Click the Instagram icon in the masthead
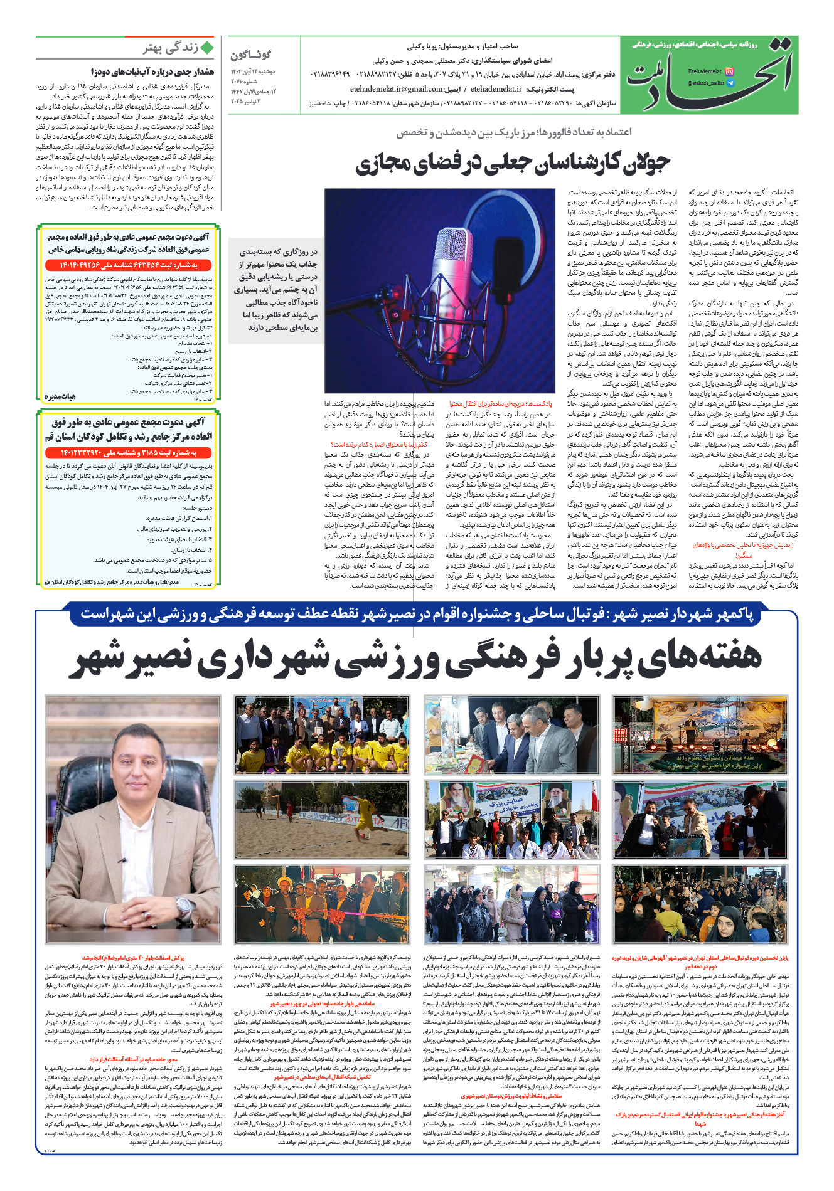(x=729, y=71)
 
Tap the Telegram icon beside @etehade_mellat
(x=730, y=83)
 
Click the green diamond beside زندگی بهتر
(x=206, y=48)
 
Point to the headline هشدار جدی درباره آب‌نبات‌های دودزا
(x=152, y=72)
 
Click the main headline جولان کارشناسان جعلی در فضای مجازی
(x=513, y=162)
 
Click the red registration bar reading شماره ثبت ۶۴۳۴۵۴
(x=129, y=265)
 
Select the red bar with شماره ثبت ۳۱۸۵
(x=129, y=452)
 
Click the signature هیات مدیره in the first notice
(x=60, y=397)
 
